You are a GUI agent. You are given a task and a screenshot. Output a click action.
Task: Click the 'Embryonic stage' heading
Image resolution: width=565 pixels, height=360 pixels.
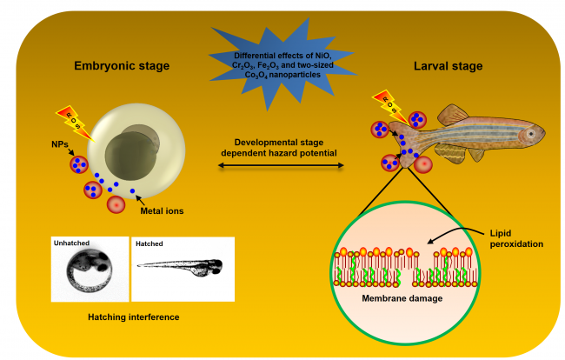click(x=121, y=65)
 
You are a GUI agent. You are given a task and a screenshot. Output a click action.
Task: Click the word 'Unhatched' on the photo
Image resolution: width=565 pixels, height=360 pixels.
click(x=73, y=243)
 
